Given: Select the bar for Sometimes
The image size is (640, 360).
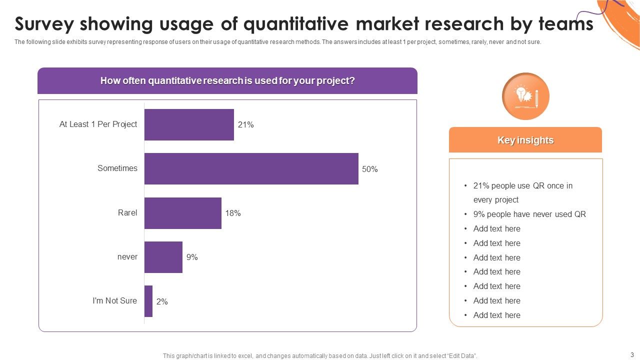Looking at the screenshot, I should click(251, 169).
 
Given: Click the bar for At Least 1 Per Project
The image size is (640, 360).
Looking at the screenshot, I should click(189, 124).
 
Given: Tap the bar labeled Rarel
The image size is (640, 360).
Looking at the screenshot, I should click(182, 213).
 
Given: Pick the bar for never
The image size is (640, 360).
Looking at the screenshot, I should click(163, 257).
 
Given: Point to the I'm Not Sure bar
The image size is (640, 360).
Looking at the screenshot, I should click(148, 301).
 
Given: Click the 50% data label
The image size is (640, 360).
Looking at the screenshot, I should click(369, 169).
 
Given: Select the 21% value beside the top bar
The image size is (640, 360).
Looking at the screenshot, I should click(245, 125).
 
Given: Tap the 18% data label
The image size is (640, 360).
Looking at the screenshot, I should click(232, 213).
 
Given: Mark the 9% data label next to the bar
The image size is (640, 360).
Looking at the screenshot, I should click(192, 257).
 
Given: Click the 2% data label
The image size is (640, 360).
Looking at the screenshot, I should click(162, 302).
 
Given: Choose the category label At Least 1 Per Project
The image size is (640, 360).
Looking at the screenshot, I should click(98, 124).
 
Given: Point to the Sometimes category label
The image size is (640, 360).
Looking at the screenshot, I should click(117, 168).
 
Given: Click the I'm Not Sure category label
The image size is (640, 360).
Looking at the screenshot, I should click(114, 301).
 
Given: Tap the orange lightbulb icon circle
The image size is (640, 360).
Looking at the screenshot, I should click(525, 96).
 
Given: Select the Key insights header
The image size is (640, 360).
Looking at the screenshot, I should click(525, 140).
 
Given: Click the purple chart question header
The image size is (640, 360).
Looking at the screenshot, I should click(227, 81).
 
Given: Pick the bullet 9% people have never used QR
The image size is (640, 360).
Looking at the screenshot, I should click(529, 214).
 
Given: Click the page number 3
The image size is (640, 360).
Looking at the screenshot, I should click(632, 354).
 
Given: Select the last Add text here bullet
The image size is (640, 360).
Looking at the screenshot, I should click(496, 315).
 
